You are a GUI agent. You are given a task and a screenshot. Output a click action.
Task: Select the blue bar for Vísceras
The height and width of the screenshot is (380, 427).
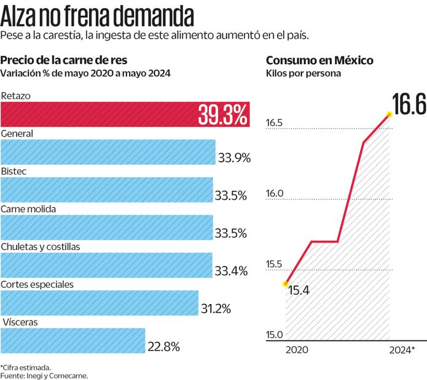[x=73, y=341]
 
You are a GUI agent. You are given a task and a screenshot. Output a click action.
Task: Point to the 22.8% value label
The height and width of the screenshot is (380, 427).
[x=163, y=347]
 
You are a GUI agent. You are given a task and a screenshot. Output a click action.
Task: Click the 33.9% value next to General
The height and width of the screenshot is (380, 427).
[x=234, y=158]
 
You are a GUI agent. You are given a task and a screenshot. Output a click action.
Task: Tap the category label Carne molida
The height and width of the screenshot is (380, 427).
[x=29, y=209]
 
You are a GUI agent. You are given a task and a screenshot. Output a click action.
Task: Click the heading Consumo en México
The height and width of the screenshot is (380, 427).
[x=319, y=60]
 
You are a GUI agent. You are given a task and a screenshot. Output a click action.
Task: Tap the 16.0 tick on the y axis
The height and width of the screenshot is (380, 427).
[x=274, y=194]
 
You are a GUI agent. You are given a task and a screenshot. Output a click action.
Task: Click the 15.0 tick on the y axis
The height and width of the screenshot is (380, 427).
[x=274, y=335]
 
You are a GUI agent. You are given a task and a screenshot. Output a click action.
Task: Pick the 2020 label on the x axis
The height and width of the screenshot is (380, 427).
[x=296, y=349]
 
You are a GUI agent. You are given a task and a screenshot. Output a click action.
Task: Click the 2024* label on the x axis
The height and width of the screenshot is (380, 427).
[x=402, y=349]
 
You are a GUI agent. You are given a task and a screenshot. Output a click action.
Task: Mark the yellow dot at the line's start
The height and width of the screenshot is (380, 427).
[x=285, y=284]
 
